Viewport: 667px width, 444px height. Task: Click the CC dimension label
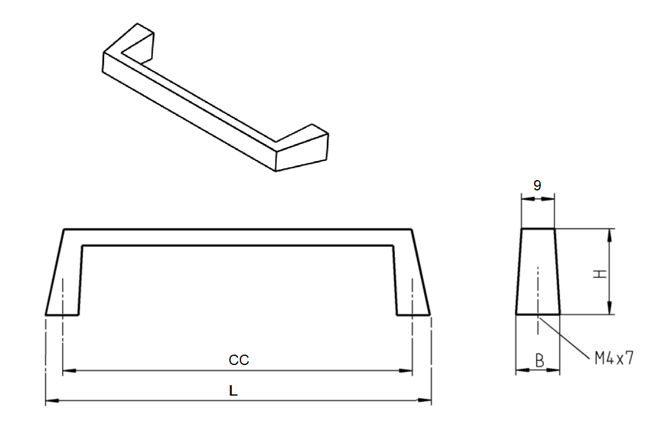click(x=239, y=361)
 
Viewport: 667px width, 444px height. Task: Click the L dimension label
click(x=233, y=391)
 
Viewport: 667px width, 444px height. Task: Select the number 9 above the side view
click(x=538, y=186)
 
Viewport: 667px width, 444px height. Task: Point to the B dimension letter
click(x=539, y=361)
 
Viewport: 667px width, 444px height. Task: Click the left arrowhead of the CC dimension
click(x=67, y=371)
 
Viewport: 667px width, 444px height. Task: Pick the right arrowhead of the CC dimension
click(x=408, y=371)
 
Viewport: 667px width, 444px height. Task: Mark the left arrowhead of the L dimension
click(x=51, y=401)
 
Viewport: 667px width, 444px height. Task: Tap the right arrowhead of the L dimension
click(x=427, y=401)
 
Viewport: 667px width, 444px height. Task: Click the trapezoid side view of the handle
click(x=538, y=272)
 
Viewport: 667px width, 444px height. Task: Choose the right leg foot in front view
click(x=414, y=312)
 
